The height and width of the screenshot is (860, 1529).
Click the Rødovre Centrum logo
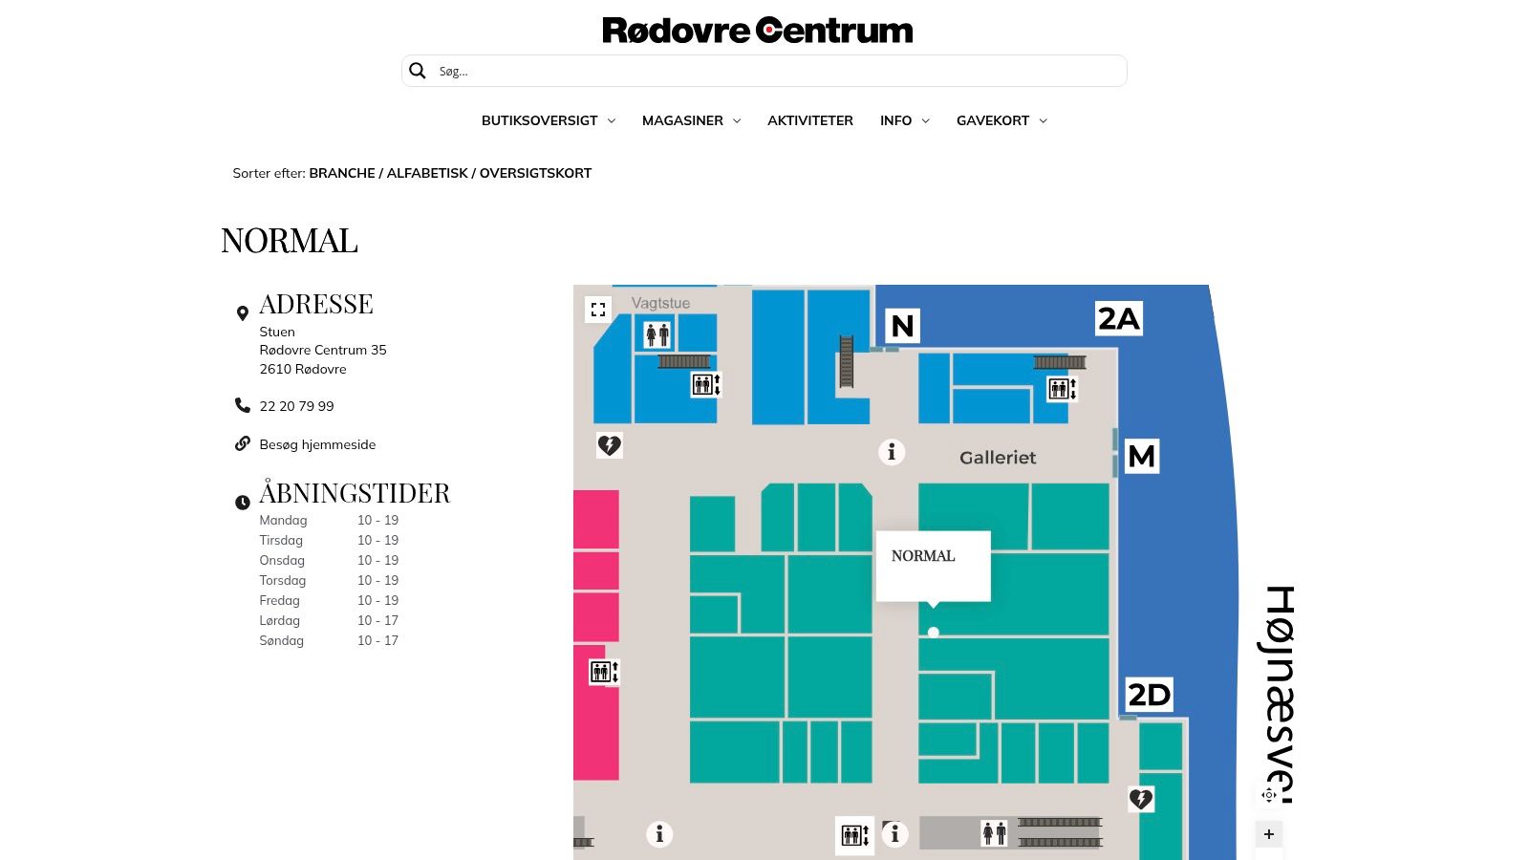pos(757,31)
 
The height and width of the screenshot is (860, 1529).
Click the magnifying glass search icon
pos(417,71)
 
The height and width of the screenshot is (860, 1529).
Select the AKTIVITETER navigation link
pos(810,120)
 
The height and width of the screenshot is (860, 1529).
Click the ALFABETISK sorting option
pos(427,173)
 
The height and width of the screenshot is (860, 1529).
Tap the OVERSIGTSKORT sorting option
pos(535,173)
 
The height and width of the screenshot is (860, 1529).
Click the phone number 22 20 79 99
pos(296,406)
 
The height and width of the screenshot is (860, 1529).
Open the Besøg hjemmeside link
pos(317,444)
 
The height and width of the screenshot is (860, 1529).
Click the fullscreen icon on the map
pos(598,310)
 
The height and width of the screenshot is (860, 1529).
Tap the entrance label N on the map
pos(902,326)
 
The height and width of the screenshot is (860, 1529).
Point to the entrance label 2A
pos(1119,319)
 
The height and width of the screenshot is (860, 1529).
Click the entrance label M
pos(1141,456)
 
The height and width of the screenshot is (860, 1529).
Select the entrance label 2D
pos(1150,695)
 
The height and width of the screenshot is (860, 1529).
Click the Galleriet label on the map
pos(998,458)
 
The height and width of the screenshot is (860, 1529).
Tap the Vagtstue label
pos(660,303)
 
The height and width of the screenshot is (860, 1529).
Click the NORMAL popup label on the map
pos(923,555)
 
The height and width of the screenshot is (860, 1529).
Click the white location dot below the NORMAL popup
pos(933,632)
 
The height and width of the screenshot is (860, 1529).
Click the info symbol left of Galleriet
pos(892,452)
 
